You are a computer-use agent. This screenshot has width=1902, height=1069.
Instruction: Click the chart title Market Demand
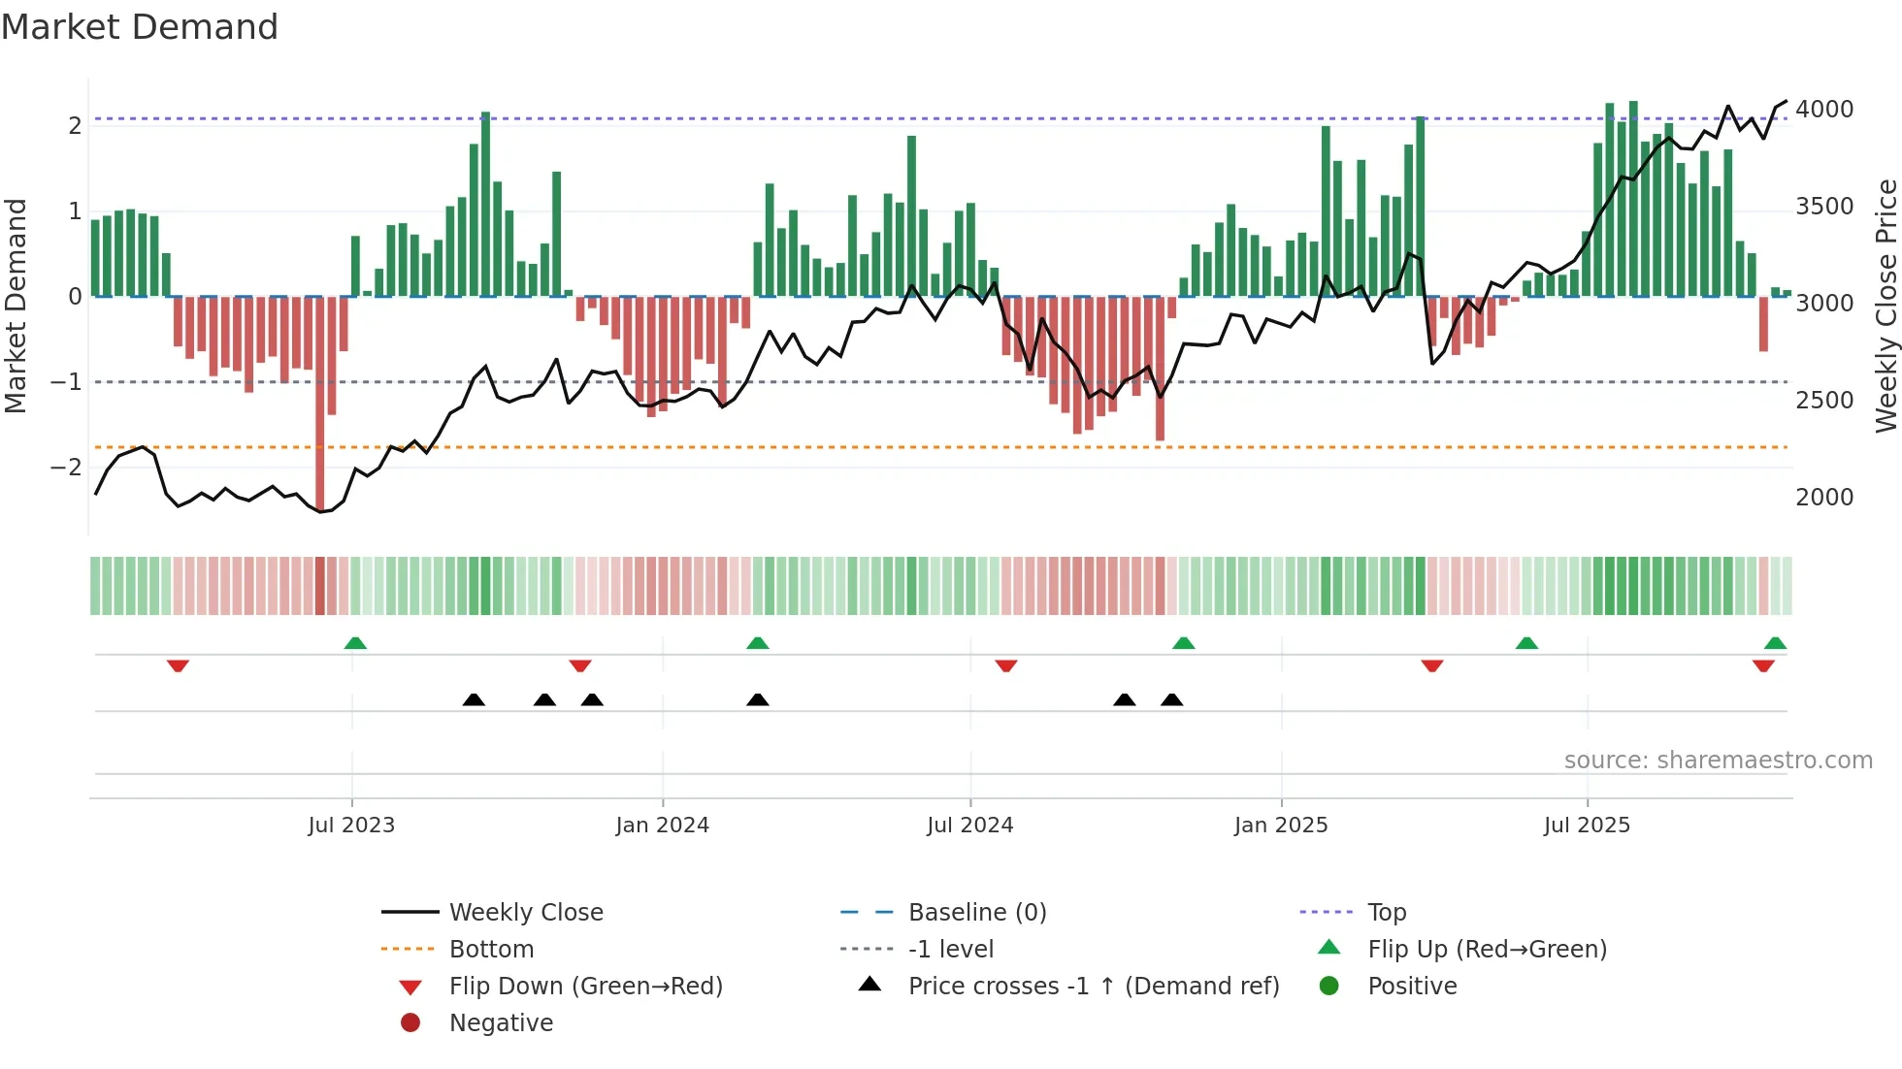pos(140,27)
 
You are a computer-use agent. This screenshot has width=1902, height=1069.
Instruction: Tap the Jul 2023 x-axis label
pos(351,826)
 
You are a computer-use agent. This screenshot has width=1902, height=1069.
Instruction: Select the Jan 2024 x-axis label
pos(662,826)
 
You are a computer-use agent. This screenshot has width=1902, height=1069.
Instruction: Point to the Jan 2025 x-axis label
pos(1281,826)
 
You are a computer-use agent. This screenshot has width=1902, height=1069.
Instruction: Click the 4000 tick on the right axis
pos(1824,110)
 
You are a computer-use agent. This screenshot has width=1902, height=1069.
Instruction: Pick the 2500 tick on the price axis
pos(1824,401)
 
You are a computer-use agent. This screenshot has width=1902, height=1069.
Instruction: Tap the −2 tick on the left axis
pos(67,468)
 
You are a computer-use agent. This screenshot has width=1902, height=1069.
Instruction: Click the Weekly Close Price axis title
pos(1886,306)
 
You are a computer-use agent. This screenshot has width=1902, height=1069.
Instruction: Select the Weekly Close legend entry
pos(525,913)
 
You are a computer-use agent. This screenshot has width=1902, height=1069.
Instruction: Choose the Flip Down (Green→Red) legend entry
pos(585,987)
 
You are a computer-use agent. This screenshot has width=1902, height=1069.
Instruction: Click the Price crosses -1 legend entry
pos(1093,987)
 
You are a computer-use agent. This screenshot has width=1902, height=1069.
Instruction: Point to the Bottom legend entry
pos(491,950)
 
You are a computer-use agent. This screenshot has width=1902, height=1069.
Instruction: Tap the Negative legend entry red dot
pos(410,1023)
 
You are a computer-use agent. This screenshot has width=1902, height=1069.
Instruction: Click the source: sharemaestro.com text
pos(1718,761)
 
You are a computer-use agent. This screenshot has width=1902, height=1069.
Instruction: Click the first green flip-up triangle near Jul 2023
pos(355,643)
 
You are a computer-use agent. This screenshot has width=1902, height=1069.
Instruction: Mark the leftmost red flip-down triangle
pos(178,665)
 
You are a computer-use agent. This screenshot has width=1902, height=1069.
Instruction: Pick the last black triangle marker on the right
pos(1171,699)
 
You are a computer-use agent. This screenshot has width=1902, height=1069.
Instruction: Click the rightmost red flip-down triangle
pos(1763,665)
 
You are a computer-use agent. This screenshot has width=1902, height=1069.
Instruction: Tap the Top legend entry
pos(1386,913)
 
